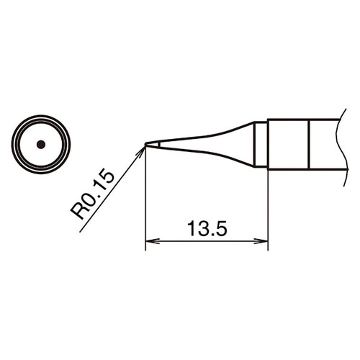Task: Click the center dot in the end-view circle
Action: point(41,144)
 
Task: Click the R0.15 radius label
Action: point(93,193)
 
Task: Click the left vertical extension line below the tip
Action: point(145,202)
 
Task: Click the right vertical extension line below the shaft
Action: point(268,209)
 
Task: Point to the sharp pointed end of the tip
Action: point(145,144)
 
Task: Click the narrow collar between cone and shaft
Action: point(261,144)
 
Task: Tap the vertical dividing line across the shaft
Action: point(309,144)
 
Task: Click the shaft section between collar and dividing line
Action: point(288,144)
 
